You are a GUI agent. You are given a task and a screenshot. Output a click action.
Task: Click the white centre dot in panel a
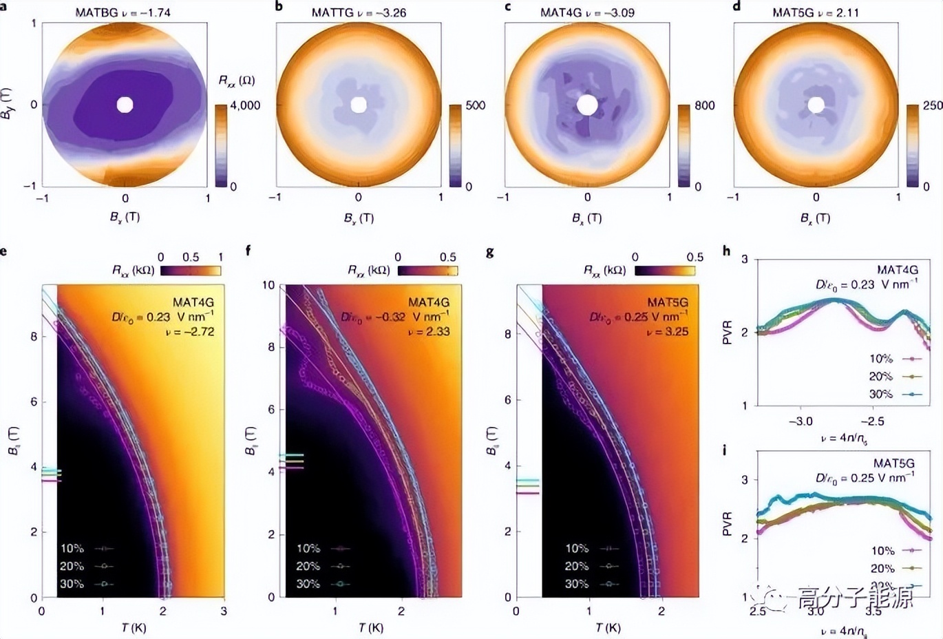[x=125, y=105]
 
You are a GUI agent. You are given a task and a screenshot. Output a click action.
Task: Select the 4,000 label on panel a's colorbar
[x=245, y=105]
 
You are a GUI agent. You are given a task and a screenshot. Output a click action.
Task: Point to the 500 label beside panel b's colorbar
[x=475, y=105]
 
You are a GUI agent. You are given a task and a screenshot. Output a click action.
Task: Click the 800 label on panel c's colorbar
[x=704, y=105]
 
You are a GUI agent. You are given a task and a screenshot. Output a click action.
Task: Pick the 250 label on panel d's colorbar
[x=933, y=105]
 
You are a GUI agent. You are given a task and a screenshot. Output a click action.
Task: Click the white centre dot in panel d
[x=816, y=105]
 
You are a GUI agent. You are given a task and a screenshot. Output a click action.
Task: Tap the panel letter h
[x=726, y=251]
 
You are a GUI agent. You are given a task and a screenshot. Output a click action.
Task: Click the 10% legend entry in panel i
[x=883, y=551]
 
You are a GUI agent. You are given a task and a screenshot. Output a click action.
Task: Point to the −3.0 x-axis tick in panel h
[x=800, y=421]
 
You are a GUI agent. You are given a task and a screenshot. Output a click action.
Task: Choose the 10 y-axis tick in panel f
[x=268, y=285]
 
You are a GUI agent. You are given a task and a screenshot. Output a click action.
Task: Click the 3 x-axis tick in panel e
[x=224, y=611]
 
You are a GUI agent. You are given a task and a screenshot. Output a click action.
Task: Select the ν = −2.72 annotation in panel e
[x=192, y=331]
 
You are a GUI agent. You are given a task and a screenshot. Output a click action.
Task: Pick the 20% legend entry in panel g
[x=577, y=566]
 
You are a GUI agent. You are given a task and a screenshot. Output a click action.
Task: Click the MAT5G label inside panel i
[x=893, y=463]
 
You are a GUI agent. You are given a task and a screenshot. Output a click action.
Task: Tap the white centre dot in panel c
[x=587, y=105]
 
